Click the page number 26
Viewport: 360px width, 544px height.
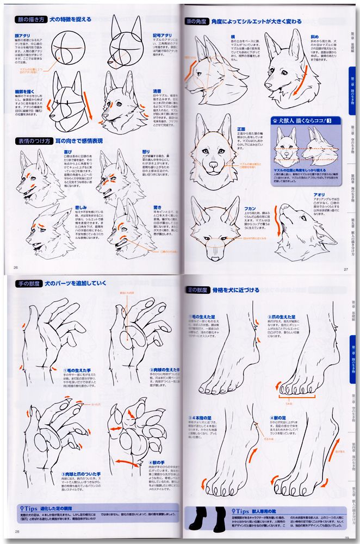click(16, 267)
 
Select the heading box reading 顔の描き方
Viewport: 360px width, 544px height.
click(30, 20)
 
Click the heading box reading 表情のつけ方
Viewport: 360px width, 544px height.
click(29, 141)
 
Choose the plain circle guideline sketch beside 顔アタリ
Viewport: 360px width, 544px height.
click(71, 50)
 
